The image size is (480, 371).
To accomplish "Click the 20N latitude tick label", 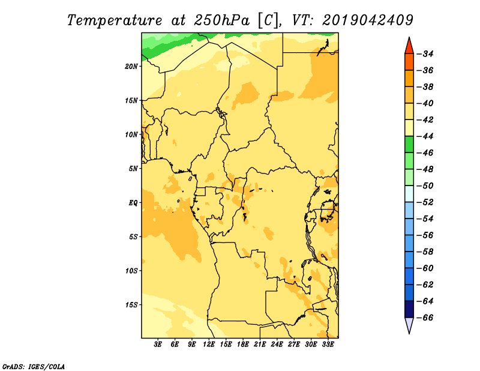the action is click(131, 66).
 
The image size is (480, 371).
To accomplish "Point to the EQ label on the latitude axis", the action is click(133, 203).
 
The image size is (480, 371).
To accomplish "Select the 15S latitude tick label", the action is click(131, 305).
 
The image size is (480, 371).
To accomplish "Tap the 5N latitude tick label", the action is click(133, 169).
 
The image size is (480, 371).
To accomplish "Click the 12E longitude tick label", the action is click(209, 345).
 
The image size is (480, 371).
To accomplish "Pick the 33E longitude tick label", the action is click(328, 345).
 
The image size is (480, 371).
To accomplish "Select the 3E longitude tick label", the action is click(158, 345).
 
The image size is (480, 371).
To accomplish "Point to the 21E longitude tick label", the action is click(260, 345).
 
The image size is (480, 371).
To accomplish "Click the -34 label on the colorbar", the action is click(425, 54).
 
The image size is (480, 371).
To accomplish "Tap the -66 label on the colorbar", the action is click(425, 318).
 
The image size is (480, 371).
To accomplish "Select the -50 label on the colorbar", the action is click(425, 185).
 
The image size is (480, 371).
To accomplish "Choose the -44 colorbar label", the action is click(425, 136).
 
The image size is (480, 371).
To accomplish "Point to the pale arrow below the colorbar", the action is click(409, 324).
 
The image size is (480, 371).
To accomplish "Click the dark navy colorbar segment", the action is click(409, 309).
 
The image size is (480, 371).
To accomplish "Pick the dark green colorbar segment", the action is click(409, 145).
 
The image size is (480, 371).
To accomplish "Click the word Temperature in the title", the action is click(115, 20).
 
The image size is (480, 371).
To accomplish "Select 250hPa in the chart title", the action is click(221, 20).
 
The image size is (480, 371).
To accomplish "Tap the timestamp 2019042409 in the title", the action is click(368, 20).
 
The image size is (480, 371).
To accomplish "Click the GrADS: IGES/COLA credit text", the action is click(34, 366).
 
